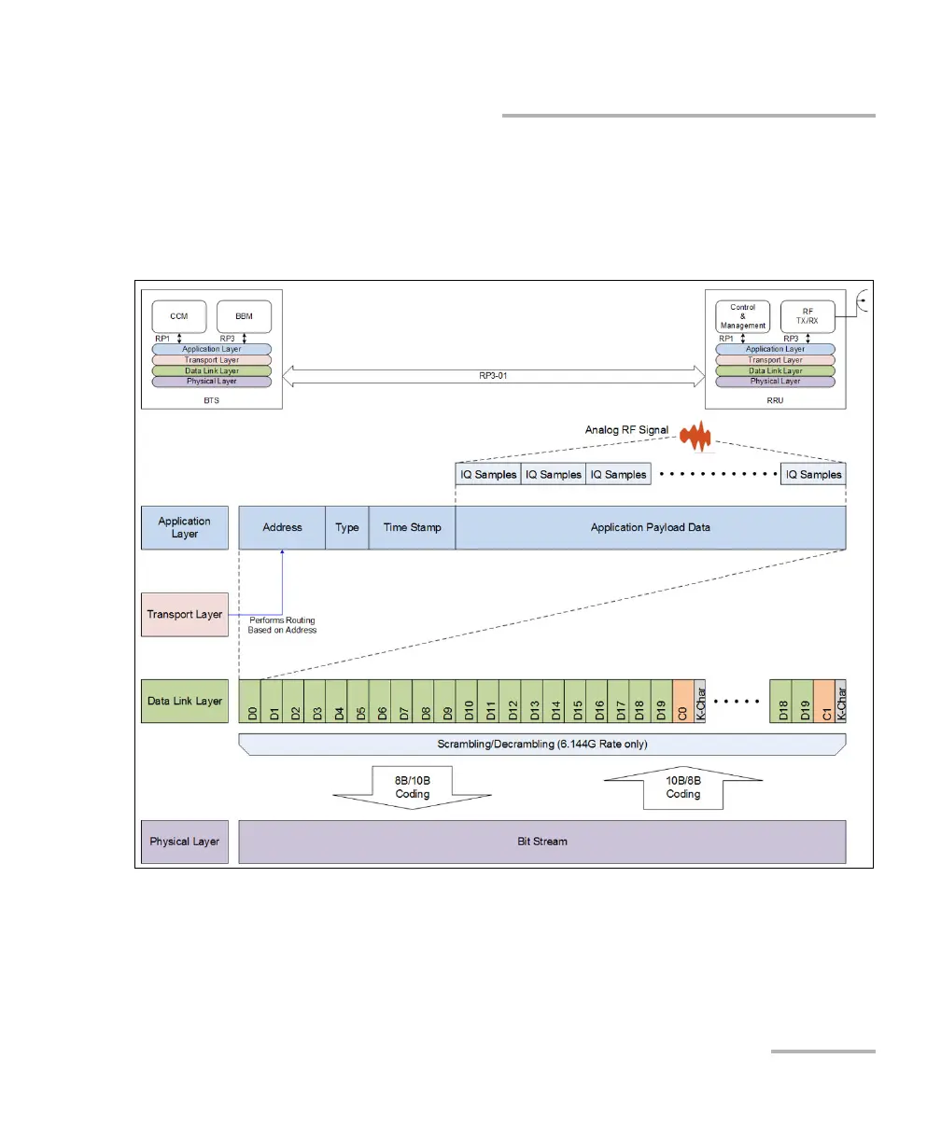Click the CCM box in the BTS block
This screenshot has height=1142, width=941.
[x=178, y=316]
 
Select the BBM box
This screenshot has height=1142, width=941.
[x=244, y=316]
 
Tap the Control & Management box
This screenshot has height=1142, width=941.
[x=743, y=316]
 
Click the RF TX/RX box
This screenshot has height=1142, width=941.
[x=808, y=316]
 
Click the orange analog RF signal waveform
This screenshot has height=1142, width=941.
[x=696, y=435]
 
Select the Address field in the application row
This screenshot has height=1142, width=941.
[x=282, y=528]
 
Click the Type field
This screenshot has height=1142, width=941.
[x=347, y=528]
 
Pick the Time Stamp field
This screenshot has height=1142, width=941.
[x=412, y=528]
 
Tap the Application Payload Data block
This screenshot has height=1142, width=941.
[x=650, y=528]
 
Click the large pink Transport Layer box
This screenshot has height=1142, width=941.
[x=184, y=615]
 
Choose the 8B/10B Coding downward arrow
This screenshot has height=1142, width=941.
[x=412, y=794]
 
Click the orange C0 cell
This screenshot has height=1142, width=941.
[x=682, y=702]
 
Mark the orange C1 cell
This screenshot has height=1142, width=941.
[x=824, y=702]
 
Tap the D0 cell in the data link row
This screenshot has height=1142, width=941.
[x=250, y=702]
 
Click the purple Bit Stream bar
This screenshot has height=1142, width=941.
[x=541, y=842]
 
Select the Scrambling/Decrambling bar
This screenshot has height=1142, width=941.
[x=541, y=745]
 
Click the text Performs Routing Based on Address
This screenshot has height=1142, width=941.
[x=282, y=625]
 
